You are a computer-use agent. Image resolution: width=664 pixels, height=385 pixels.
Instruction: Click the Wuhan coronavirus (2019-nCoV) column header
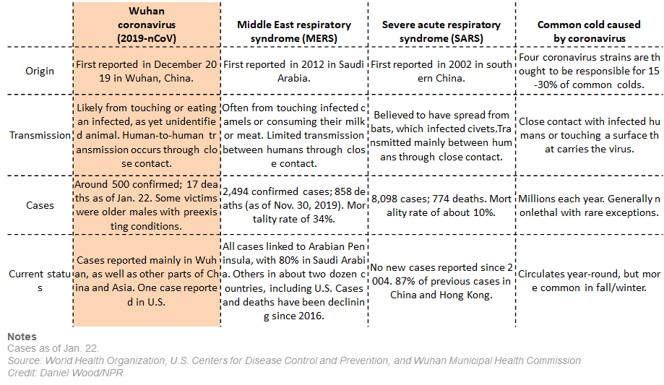tap(147, 24)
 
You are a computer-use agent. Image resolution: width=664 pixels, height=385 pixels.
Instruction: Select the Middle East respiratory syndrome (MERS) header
tap(293, 30)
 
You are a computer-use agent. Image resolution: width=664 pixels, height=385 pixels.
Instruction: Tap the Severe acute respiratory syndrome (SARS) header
tap(441, 30)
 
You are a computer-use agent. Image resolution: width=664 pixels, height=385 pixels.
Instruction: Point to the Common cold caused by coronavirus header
tap(590, 30)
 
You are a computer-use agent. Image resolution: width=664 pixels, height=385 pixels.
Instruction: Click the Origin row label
tap(39, 71)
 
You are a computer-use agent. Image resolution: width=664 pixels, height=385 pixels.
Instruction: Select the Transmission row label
tap(39, 135)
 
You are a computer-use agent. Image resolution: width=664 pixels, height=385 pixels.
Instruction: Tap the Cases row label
tap(39, 205)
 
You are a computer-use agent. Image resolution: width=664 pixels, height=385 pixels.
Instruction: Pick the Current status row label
tap(39, 280)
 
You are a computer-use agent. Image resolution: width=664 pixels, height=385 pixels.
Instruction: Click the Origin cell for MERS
tap(293, 71)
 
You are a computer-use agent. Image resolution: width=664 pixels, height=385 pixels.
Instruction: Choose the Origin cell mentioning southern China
tap(441, 71)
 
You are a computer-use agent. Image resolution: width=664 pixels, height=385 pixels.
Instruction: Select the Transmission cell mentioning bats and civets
tap(441, 134)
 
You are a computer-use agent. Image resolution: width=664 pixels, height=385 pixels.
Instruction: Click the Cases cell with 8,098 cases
tap(441, 205)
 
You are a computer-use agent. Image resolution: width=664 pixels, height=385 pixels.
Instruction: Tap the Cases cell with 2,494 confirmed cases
tap(293, 205)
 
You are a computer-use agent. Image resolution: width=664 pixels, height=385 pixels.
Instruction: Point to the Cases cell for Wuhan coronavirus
tap(147, 205)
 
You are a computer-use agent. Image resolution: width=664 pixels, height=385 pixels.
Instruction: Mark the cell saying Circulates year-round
tap(590, 280)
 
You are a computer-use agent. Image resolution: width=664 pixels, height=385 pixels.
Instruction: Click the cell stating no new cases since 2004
tap(441, 280)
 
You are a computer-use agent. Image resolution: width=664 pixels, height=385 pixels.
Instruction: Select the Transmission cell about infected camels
tap(293, 135)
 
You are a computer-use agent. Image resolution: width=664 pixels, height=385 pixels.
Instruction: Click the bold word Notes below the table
tap(22, 337)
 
